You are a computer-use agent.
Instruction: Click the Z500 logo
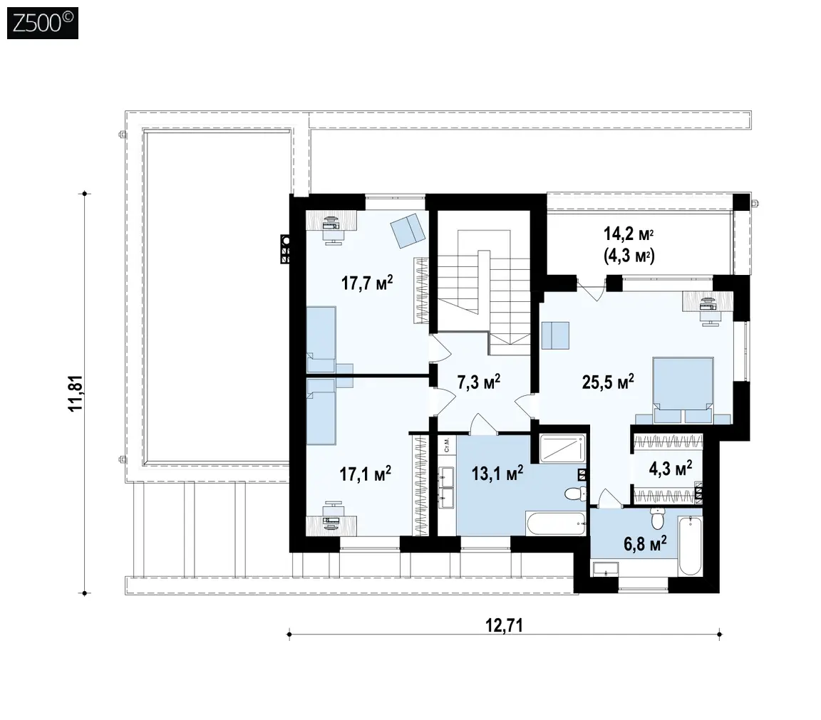43,23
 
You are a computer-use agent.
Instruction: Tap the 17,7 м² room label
367,283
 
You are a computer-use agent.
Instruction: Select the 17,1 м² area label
366,474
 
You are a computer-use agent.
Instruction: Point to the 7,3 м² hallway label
479,382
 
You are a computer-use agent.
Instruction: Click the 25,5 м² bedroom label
608,382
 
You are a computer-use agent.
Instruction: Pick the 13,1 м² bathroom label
497,474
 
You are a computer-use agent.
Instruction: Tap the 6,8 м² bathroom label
645,543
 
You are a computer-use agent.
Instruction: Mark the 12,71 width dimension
505,625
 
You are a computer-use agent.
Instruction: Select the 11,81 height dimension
76,394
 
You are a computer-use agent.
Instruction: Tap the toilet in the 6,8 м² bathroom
657,518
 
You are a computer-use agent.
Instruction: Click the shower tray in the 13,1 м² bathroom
562,449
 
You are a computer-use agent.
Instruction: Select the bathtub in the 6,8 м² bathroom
690,546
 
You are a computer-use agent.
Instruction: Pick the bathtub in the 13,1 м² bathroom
556,523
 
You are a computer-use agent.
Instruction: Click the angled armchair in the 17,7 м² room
408,230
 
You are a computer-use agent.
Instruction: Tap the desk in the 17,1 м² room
331,523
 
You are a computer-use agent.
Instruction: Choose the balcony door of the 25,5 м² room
592,288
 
